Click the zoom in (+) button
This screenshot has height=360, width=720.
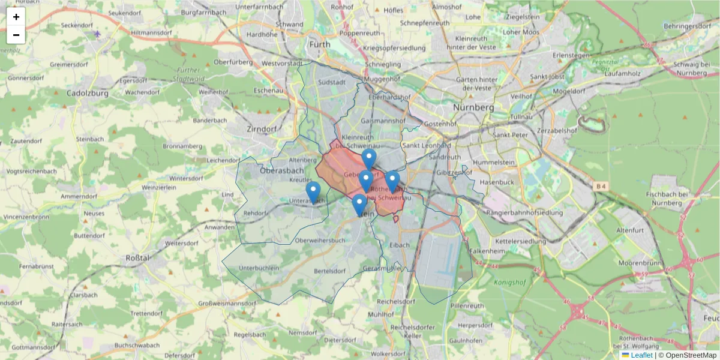click(x=16, y=17)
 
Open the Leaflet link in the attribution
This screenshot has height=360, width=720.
click(x=641, y=355)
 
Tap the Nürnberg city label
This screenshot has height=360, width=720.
click(x=473, y=107)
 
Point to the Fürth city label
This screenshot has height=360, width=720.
click(x=319, y=44)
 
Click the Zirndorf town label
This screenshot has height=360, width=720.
click(x=262, y=128)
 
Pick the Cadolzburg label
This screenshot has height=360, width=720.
click(x=87, y=93)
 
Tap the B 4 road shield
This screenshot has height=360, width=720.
click(x=601, y=187)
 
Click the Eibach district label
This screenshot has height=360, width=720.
click(x=400, y=245)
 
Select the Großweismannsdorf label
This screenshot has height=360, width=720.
click(x=226, y=304)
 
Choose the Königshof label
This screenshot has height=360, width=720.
click(x=509, y=282)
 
